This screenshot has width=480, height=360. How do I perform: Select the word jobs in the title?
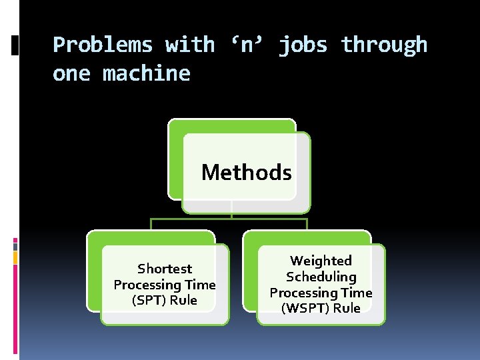coord(303,45)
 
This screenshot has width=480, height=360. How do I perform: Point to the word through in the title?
coord(384,45)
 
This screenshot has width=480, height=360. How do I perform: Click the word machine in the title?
coord(147,73)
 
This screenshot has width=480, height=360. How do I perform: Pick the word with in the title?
coord(190,45)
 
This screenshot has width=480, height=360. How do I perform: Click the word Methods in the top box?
coord(247,173)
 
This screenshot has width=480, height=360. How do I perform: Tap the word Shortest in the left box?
coord(165,269)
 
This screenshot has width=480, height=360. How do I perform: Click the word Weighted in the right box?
coord(321,261)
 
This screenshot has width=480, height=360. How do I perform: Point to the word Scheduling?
coord(321,277)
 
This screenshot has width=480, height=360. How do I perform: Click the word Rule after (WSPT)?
coord(347,308)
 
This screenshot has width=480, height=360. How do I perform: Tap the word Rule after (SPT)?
coord(183,300)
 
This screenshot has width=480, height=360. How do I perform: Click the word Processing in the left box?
coord(149,285)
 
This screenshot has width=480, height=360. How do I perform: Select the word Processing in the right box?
coord(304,293)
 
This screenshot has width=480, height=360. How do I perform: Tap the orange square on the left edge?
coord(15,257)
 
